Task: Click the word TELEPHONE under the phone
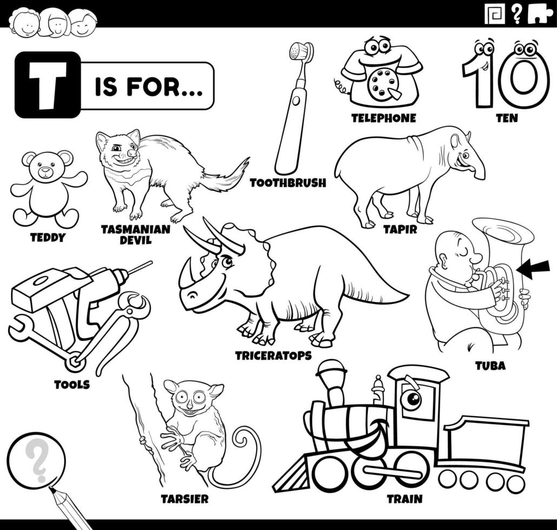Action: [x=383, y=118]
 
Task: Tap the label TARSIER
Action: [x=185, y=499]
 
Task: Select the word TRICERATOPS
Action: [x=274, y=355]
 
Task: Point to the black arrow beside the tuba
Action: [x=533, y=268]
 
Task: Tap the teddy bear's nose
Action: [x=45, y=170]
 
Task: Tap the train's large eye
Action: [x=412, y=399]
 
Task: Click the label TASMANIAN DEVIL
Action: [x=136, y=235]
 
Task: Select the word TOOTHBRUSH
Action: [x=288, y=183]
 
